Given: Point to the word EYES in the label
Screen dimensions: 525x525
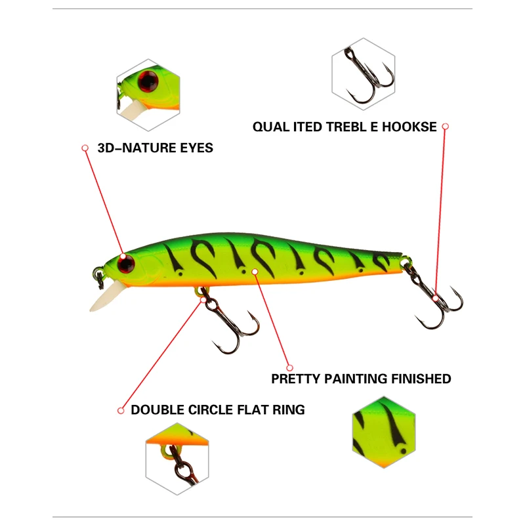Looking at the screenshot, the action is point(196,148).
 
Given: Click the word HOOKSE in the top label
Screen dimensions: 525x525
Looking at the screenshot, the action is point(409,127).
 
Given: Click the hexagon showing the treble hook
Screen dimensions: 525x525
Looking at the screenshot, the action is point(363,73).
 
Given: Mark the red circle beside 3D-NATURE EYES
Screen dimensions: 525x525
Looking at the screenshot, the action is point(85,148).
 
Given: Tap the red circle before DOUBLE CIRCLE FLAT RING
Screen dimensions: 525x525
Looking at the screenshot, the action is point(121,410).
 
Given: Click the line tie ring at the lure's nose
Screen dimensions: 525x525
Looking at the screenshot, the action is point(98,276).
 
